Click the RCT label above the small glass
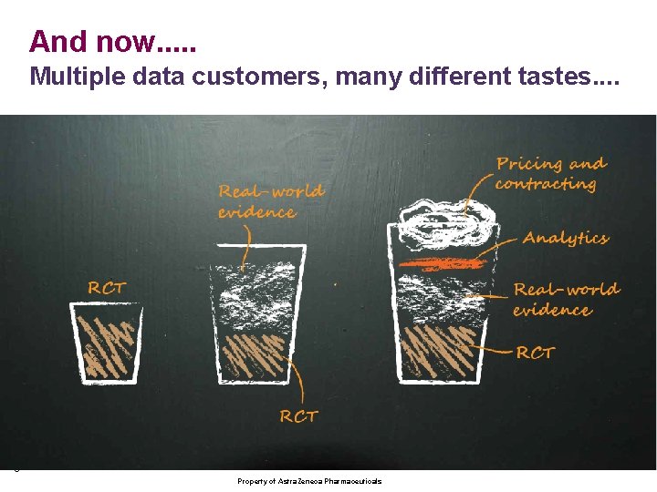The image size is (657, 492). pyautogui.click(x=107, y=288)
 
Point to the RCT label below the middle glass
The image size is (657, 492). pyautogui.click(x=298, y=416)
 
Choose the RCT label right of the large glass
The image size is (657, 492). pyautogui.click(x=536, y=353)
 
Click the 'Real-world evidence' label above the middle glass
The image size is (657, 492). pyautogui.click(x=270, y=201)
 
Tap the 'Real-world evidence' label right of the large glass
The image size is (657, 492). pyautogui.click(x=566, y=300)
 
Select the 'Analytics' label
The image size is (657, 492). pyautogui.click(x=566, y=239)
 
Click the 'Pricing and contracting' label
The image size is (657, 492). pyautogui.click(x=550, y=174)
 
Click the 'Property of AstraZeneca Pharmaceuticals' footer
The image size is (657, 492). pyautogui.click(x=309, y=481)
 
